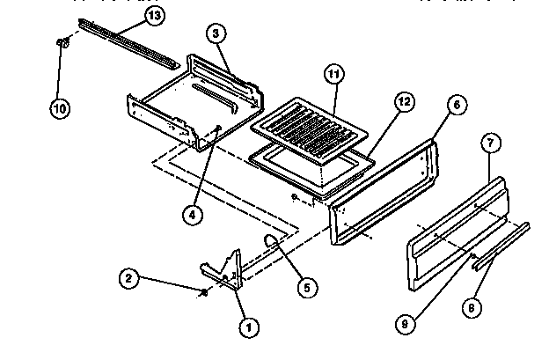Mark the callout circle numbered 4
tap(194, 211)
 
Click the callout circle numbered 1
tap(248, 327)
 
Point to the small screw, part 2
tap(204, 294)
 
